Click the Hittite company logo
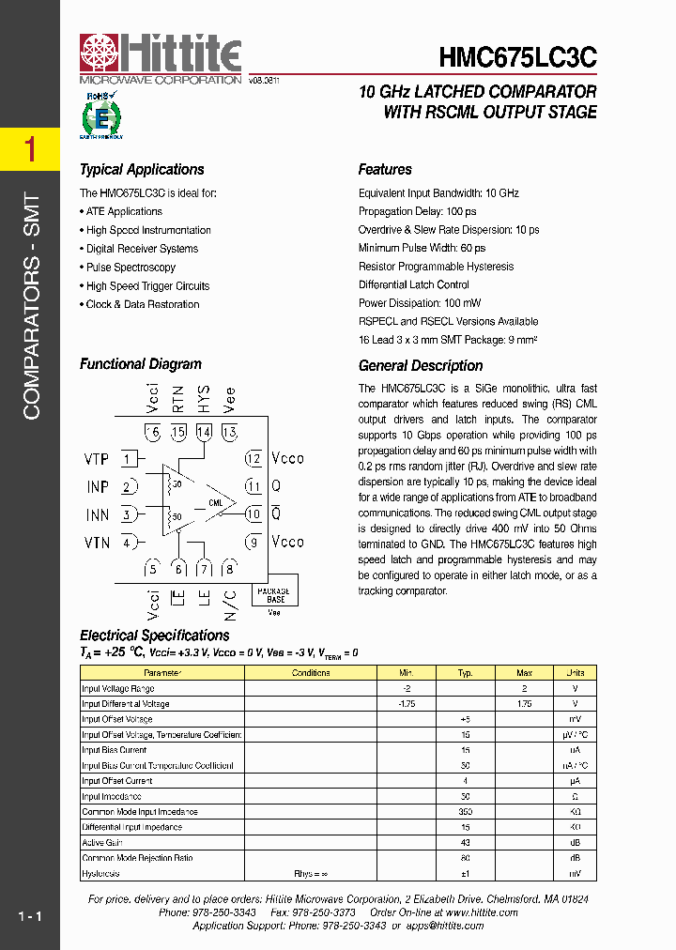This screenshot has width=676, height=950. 161,58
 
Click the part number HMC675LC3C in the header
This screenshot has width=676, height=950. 517,58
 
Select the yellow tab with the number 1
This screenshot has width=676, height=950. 30,149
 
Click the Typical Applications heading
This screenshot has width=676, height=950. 142,170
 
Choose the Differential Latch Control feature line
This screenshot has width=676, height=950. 414,284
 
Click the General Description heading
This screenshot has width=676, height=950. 421,366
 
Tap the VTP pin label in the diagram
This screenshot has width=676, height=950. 97,459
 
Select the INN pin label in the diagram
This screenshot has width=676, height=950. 97,514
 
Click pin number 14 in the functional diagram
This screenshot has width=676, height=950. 204,432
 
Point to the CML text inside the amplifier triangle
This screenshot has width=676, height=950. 216,504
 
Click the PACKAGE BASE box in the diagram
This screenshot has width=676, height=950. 275,594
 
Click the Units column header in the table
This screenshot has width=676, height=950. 575,673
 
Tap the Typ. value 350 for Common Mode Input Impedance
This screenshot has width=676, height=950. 465,811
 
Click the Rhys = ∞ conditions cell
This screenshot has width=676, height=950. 310,873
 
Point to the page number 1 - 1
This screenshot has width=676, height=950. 29,915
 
